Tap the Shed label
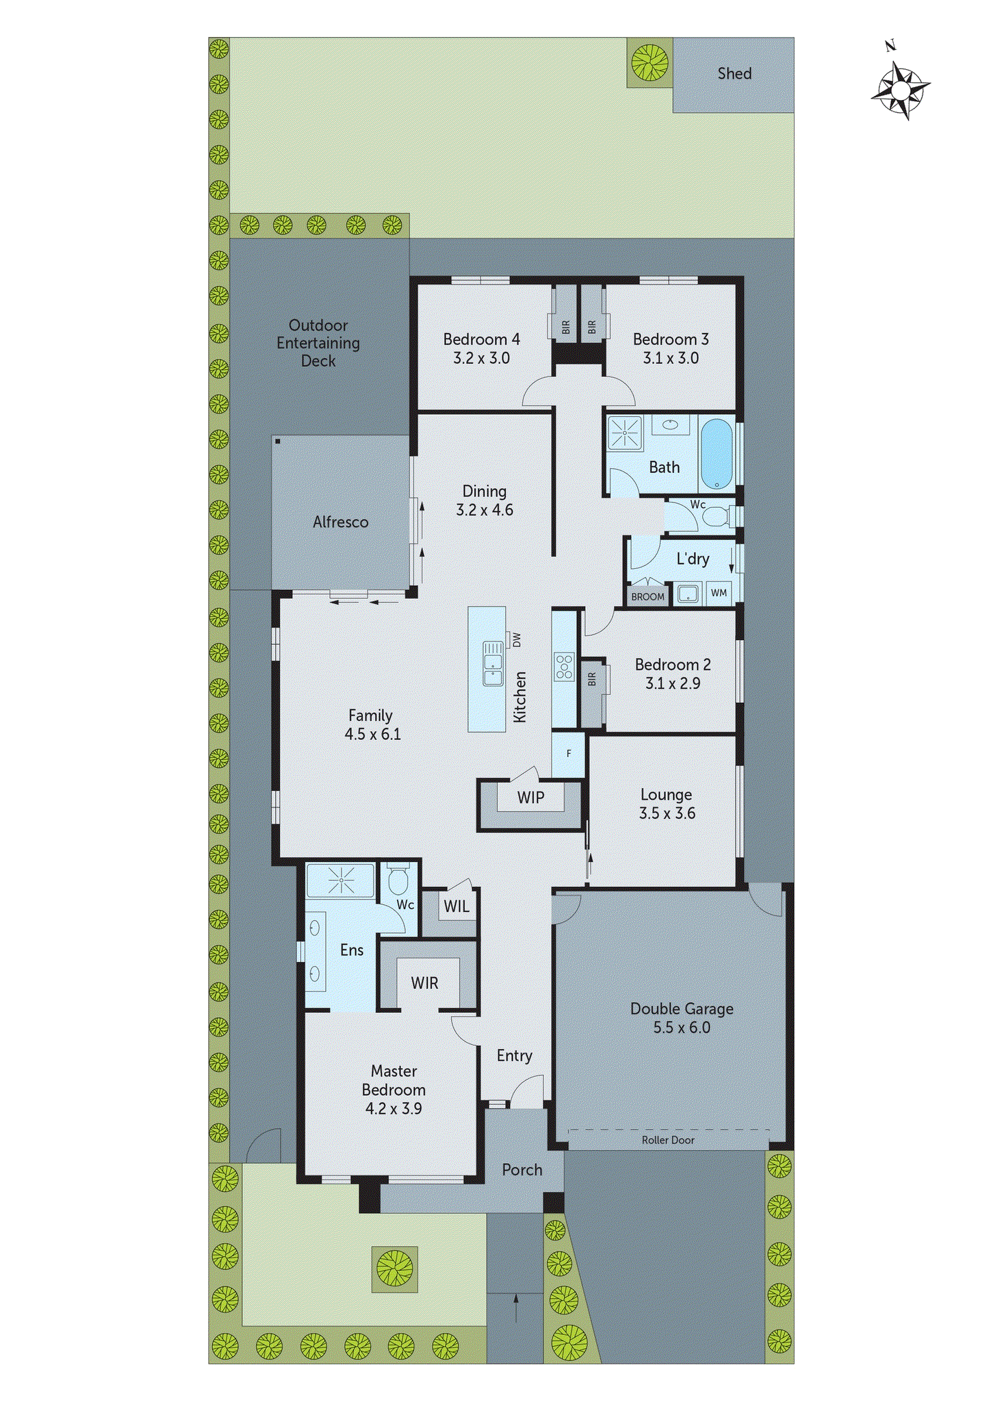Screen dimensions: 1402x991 click(x=734, y=73)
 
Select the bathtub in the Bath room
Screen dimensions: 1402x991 click(x=717, y=453)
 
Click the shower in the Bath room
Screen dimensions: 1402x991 click(x=625, y=433)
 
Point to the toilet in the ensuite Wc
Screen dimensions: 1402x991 click(x=398, y=880)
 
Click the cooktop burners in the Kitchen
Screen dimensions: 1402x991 click(x=565, y=666)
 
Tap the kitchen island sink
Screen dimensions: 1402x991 click(x=493, y=663)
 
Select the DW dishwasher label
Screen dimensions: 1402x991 click(x=517, y=640)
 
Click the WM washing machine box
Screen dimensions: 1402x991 click(x=719, y=593)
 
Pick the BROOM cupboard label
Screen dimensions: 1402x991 click(x=647, y=596)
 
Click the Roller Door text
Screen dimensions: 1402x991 click(x=668, y=1140)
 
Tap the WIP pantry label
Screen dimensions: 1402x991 click(x=530, y=798)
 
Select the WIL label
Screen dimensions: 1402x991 click(x=456, y=906)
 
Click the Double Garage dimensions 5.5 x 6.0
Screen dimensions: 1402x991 click(x=682, y=1028)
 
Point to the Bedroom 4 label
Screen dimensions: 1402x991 click(x=481, y=339)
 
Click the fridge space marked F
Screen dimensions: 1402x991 click(x=568, y=754)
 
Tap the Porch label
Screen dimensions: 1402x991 click(x=522, y=1170)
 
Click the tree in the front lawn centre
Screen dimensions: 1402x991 click(x=395, y=1268)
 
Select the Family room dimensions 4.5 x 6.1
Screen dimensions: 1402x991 click(x=372, y=734)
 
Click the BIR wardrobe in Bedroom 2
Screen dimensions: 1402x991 click(x=592, y=692)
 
